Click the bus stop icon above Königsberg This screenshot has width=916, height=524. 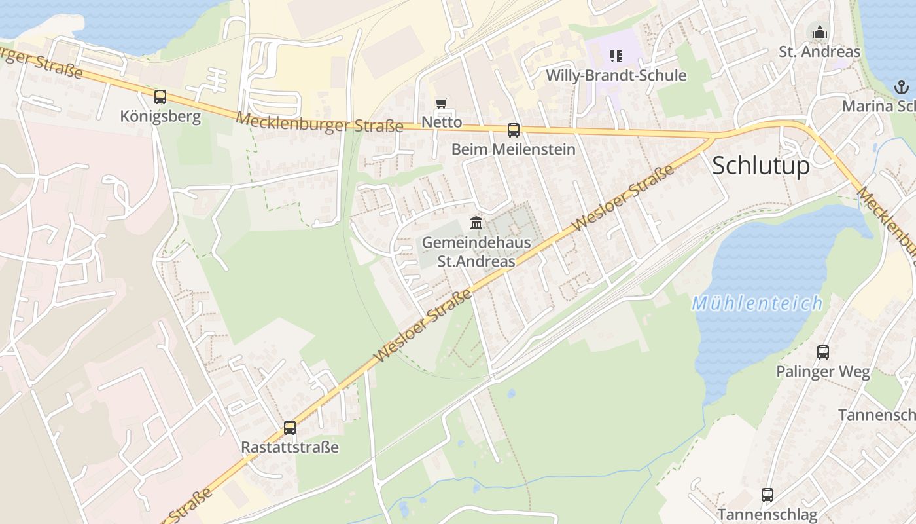pos(160,97)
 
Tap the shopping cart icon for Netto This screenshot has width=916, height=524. pos(442,103)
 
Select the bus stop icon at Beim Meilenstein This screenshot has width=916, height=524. pos(514,130)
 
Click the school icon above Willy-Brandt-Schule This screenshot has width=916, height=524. pos(616,56)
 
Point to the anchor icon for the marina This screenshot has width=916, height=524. pos(902,86)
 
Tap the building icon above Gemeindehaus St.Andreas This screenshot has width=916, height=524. pos(476,223)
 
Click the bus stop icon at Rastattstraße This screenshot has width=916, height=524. pos(290,428)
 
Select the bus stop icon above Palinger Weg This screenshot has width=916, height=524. pos(823,352)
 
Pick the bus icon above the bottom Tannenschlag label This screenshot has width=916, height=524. pos(767,495)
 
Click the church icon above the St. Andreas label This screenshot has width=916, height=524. pos(819,31)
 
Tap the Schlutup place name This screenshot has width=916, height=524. pos(760,166)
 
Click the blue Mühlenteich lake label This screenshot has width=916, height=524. pos(757,303)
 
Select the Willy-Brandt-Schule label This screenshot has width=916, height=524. pos(616,75)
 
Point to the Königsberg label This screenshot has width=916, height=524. pos(160,117)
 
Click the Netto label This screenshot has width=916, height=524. pos(442,122)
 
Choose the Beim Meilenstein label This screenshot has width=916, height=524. pos(514,149)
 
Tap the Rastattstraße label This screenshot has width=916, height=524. pos(290,447)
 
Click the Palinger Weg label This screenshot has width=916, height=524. pos(823,372)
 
